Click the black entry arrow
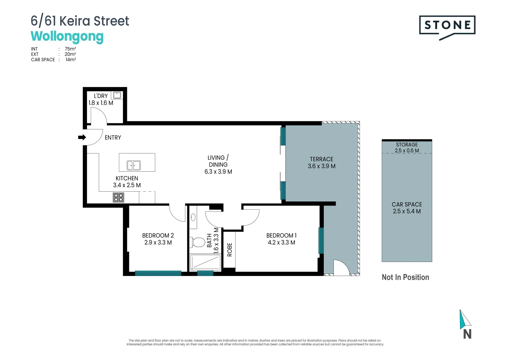coord(82,137)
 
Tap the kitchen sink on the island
coord(134,165)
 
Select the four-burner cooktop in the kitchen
coord(119,197)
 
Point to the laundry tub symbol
coord(117,95)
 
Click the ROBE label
coord(230,250)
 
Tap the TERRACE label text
coord(321,159)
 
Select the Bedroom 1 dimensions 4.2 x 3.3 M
coord(281,243)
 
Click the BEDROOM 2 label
coord(158,236)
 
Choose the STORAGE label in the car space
coord(407,145)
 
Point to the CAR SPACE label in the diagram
coord(407,204)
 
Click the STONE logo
coord(447,25)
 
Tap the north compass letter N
coord(467,334)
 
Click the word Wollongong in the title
coord(67,36)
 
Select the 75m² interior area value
coord(70,49)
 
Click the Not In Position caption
coord(405,277)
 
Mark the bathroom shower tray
coord(205,263)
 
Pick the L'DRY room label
coord(101,96)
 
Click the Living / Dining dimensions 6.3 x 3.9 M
coord(218,172)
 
